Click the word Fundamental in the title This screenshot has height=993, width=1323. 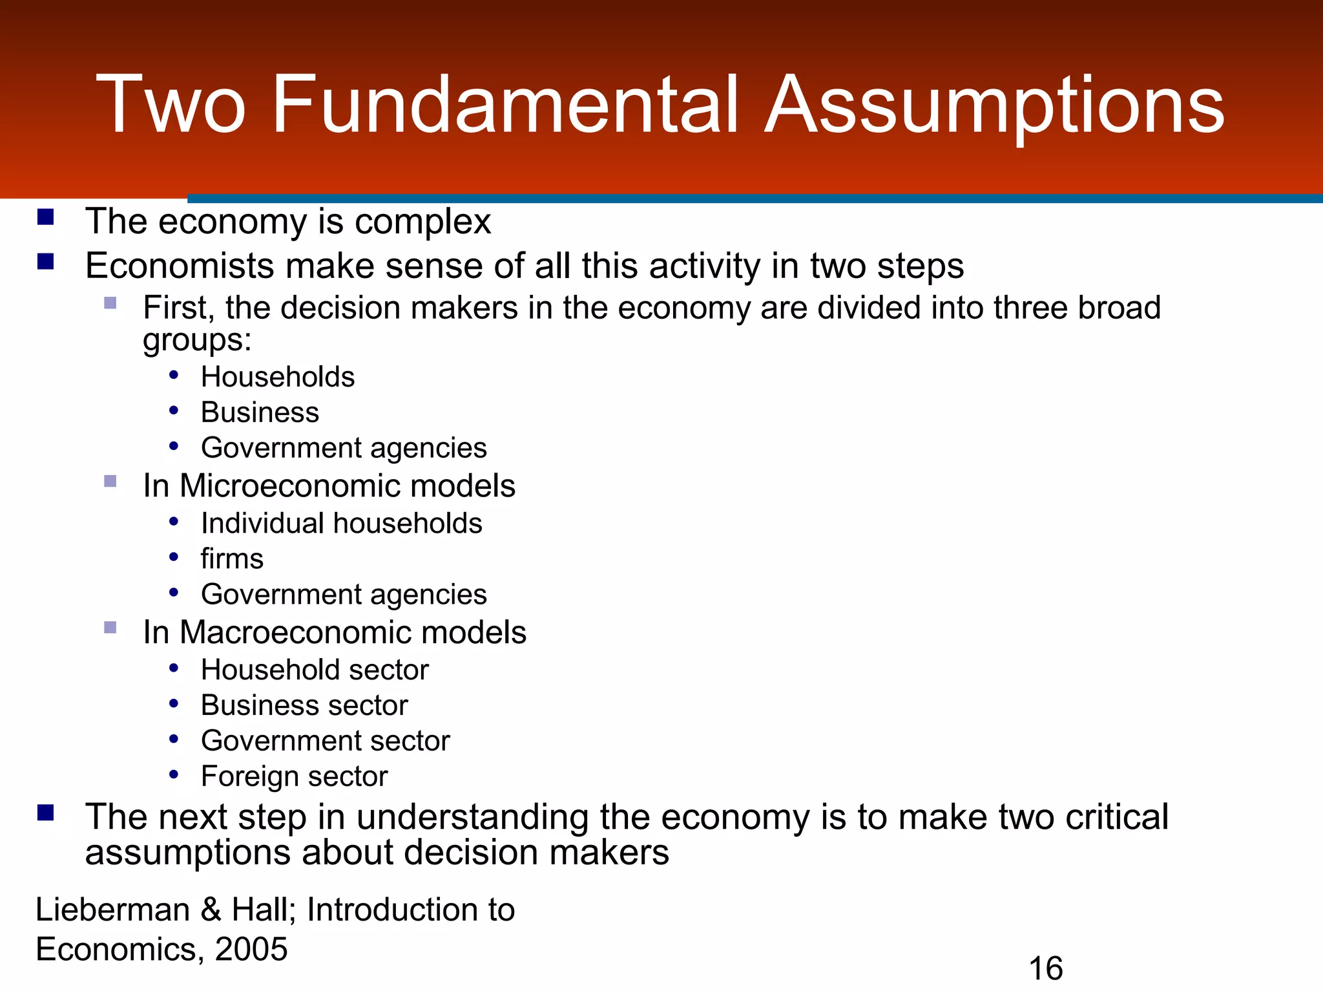point(505,105)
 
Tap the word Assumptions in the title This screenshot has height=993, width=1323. point(994,105)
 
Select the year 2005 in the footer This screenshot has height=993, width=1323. point(251,949)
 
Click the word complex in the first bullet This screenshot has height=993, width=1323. point(422,222)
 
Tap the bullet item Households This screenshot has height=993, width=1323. point(278,377)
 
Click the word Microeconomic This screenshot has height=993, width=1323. point(289,486)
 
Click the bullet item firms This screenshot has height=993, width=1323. point(232,559)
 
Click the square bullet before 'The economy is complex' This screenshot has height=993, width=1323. point(45,217)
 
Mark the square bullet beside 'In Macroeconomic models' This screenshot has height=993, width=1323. point(110,628)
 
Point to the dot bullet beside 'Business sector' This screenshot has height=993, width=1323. point(173,703)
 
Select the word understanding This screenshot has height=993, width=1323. point(472,817)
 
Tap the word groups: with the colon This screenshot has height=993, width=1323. point(197,340)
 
